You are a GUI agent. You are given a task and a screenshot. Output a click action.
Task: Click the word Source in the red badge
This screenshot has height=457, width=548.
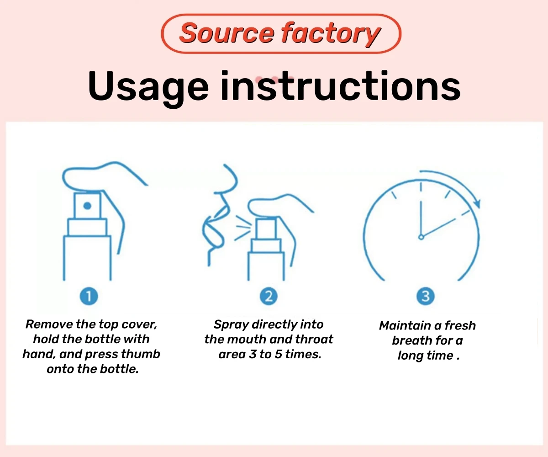[227, 33]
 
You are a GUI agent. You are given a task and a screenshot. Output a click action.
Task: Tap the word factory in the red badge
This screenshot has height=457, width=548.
[331, 35]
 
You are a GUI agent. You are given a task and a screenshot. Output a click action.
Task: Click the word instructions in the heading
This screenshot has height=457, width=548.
[341, 85]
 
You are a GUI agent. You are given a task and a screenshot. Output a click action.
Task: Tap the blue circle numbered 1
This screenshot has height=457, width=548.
[89, 296]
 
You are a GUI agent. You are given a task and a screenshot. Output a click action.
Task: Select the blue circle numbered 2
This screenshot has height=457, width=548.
[269, 296]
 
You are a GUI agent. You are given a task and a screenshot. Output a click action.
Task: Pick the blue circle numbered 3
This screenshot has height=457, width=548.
[426, 296]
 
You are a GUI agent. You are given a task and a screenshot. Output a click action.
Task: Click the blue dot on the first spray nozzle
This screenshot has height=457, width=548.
[87, 206]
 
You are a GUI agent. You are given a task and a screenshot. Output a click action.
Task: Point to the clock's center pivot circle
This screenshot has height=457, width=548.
[421, 237]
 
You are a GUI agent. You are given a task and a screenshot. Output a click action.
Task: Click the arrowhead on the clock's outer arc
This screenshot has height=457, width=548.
[477, 203]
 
